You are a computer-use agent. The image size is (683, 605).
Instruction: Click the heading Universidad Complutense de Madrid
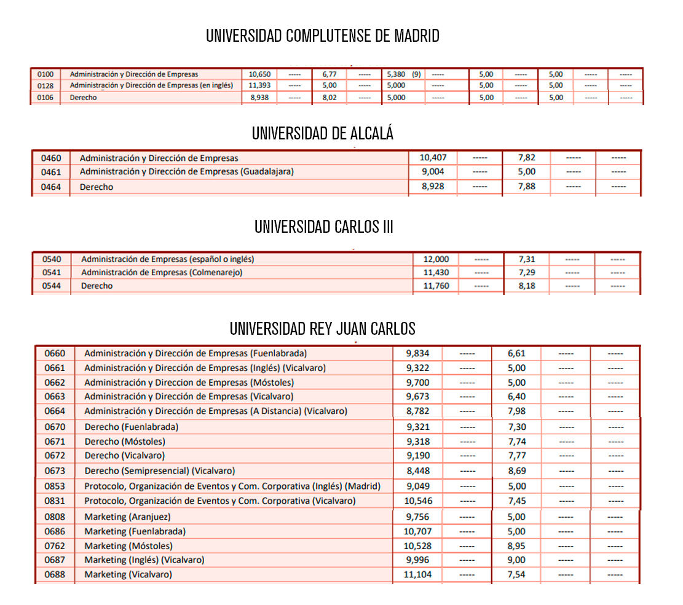tap(323, 36)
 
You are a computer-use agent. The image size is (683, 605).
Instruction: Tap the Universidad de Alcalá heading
tap(323, 133)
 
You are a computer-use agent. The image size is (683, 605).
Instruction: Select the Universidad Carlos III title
tap(324, 227)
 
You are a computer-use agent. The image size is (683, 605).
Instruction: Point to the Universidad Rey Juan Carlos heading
tap(323, 329)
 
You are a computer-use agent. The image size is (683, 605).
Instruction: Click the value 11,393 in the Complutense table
tap(259, 85)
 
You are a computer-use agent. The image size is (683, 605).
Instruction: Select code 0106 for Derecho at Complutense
tap(45, 97)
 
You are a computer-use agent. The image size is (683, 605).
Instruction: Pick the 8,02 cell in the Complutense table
tap(330, 97)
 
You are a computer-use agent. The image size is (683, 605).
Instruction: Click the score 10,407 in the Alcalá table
tap(433, 158)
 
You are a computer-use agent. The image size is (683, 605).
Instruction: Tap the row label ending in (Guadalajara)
tap(187, 172)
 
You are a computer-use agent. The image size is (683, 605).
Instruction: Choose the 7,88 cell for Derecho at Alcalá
tap(527, 186)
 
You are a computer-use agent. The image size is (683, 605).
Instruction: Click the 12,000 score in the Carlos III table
tap(436, 259)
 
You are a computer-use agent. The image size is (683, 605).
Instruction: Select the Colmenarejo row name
tap(162, 272)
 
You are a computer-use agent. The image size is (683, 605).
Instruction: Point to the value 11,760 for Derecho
tap(436, 286)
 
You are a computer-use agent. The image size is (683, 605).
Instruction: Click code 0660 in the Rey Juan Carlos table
tap(55, 353)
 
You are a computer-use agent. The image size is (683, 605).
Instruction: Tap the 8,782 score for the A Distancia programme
tap(418, 411)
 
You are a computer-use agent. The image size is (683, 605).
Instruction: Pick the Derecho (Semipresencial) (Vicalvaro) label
tap(160, 470)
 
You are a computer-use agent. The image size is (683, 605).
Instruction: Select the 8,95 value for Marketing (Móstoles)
tap(517, 545)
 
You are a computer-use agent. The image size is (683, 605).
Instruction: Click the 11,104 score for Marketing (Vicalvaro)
tap(418, 574)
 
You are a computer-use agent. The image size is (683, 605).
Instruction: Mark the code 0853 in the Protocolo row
tap(55, 486)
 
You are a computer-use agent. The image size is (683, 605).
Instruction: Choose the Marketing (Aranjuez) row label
tap(128, 517)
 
